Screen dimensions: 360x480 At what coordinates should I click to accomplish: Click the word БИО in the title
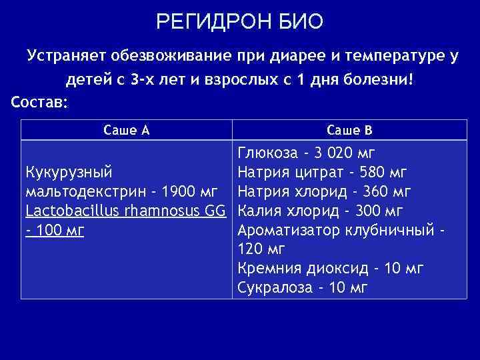299,23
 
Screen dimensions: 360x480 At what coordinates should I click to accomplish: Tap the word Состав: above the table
39,102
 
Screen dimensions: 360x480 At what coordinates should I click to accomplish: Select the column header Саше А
127,130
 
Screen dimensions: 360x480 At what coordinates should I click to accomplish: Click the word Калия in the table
257,211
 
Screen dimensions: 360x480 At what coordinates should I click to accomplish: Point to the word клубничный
387,231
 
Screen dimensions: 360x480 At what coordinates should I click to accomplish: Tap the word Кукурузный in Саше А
68,173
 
